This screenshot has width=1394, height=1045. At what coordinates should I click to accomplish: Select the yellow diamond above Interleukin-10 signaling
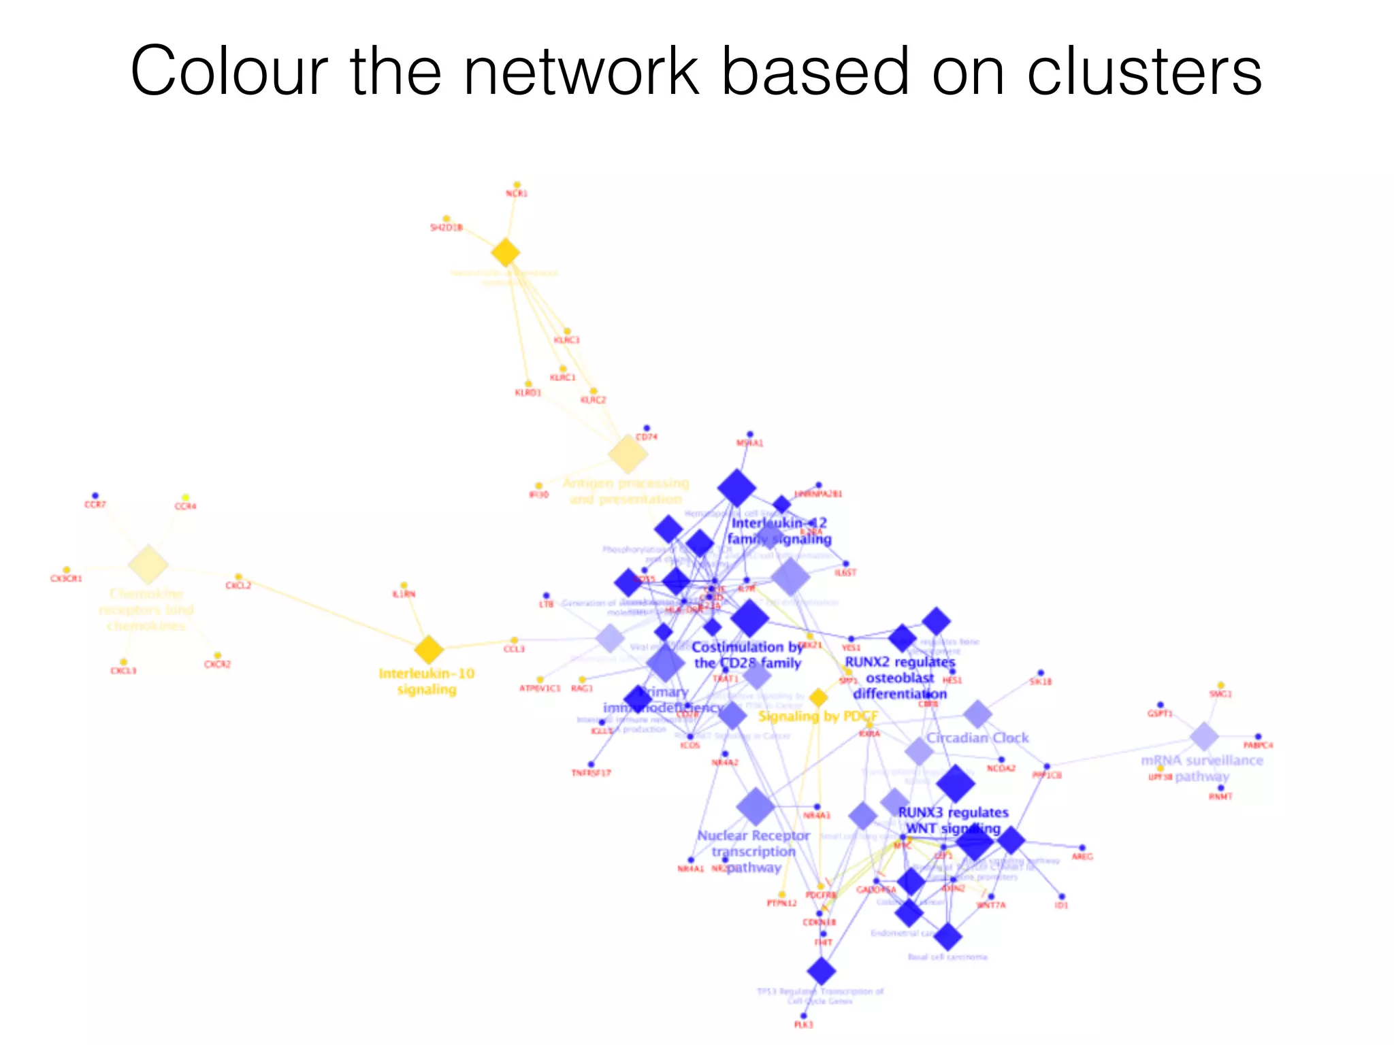(x=429, y=650)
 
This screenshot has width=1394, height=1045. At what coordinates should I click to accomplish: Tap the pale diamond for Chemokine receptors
(x=148, y=564)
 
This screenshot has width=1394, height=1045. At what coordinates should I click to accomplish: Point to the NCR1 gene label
(x=517, y=194)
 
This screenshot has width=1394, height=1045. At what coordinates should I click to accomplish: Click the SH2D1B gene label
(x=447, y=227)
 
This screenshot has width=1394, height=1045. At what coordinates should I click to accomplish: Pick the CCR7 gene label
(x=95, y=505)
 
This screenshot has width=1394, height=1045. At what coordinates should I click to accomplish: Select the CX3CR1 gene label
(x=66, y=579)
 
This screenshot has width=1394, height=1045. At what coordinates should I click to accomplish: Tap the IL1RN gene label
(x=404, y=594)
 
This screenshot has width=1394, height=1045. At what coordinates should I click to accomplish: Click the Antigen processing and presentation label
(x=626, y=491)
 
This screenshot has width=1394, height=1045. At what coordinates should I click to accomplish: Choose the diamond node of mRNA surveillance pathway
(x=1203, y=737)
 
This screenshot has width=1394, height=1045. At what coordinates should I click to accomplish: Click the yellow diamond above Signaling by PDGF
(x=818, y=697)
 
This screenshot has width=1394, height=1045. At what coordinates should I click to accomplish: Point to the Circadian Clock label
(x=977, y=737)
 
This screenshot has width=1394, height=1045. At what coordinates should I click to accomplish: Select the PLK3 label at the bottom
(x=804, y=1025)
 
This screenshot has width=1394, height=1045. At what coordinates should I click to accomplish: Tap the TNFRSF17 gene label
(x=591, y=773)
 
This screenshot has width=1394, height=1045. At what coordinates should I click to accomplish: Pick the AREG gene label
(x=1082, y=857)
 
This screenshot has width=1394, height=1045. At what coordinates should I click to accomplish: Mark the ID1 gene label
(x=1062, y=906)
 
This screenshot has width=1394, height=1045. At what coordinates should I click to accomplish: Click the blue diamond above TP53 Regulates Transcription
(x=822, y=971)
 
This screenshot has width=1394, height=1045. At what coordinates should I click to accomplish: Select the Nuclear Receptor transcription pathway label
(x=753, y=851)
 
